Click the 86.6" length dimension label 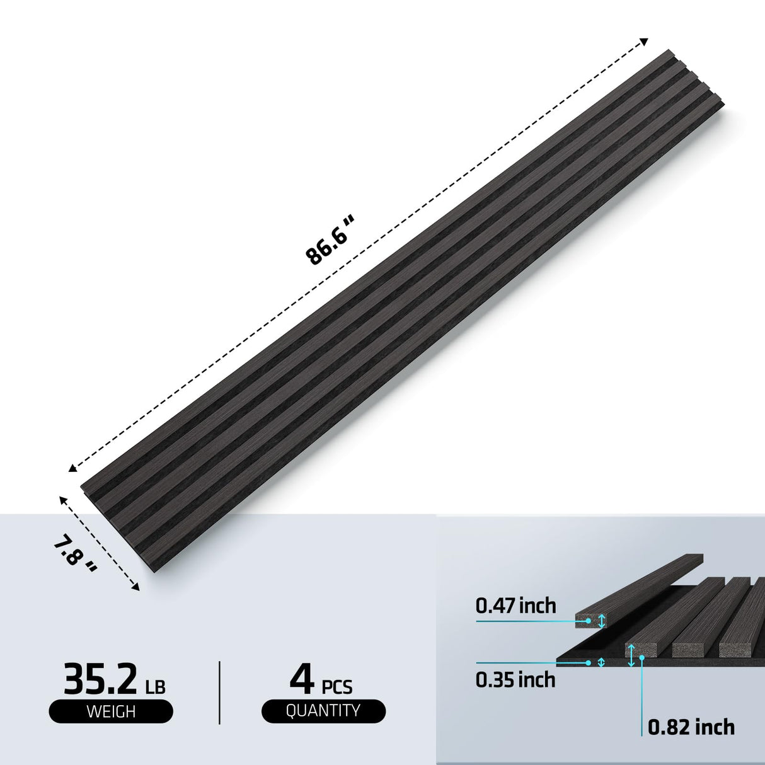[331, 240]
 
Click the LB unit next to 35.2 [155, 686]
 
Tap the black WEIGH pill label [111, 711]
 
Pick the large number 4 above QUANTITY [302, 677]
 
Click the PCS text [337, 686]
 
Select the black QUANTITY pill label [323, 711]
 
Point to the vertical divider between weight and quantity [219, 692]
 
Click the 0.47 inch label [515, 606]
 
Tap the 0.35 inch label [515, 680]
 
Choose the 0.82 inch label [691, 727]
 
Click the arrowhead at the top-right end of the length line [643, 42]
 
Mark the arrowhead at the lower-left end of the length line [72, 468]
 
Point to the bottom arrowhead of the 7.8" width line [135, 587]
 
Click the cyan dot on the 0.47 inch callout [588, 621]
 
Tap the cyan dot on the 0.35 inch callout [588, 662]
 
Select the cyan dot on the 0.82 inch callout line [642, 657]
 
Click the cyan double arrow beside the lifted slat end [602, 621]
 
